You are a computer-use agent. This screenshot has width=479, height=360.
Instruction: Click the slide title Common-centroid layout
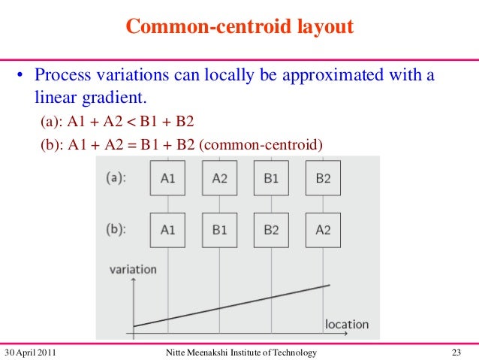[x=239, y=27]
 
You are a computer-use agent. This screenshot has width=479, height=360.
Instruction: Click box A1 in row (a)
[x=167, y=178]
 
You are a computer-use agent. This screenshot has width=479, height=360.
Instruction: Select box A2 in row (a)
[x=219, y=178]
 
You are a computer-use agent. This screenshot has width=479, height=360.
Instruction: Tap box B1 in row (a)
[x=271, y=178]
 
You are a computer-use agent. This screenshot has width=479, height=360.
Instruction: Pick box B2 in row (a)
[x=323, y=178]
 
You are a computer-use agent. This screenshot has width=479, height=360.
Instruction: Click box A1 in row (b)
[x=167, y=230]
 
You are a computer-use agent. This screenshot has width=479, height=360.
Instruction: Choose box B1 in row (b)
[x=219, y=230]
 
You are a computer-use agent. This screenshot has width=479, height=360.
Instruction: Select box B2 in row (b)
[x=271, y=230]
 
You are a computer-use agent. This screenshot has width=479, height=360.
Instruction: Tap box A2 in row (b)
[x=323, y=230]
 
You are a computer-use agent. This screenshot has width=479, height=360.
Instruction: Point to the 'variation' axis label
[x=133, y=268]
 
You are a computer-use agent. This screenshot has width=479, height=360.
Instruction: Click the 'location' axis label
[x=346, y=324]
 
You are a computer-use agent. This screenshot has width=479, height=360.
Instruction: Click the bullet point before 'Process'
[x=22, y=76]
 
